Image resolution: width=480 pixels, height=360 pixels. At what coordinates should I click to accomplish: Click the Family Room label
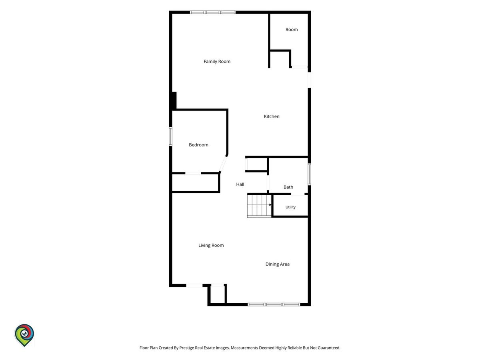tap(217, 62)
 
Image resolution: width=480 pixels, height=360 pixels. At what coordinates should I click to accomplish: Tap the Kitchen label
tap(272, 116)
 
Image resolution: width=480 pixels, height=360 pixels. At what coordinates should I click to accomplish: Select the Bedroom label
tap(198, 145)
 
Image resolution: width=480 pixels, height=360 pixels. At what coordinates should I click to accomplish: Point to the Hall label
tap(240, 184)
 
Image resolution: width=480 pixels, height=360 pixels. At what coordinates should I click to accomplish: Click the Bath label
tap(288, 187)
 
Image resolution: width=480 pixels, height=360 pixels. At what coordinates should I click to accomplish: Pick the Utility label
tap(290, 207)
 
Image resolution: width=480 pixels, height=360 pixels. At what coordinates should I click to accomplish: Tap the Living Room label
tap(211, 245)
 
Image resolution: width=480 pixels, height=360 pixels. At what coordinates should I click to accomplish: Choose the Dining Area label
tap(278, 264)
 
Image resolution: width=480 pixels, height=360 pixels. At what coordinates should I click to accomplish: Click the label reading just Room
tap(292, 30)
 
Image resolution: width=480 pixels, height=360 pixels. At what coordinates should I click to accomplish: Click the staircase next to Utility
tap(259, 206)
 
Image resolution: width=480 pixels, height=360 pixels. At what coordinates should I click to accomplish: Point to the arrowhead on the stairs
tap(270, 205)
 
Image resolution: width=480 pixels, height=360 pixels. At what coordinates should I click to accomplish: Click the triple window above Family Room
tap(212, 12)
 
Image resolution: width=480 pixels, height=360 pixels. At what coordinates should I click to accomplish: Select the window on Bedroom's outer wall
tap(170, 136)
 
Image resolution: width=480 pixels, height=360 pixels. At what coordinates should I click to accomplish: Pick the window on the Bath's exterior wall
tap(309, 174)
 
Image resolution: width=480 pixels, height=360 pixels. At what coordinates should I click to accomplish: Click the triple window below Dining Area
tap(274, 304)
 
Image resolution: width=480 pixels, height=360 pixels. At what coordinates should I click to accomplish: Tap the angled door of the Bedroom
tap(223, 164)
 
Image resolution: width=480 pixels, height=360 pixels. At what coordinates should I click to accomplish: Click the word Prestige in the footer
tap(186, 348)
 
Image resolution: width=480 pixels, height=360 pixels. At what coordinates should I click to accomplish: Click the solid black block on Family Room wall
tap(174, 101)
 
